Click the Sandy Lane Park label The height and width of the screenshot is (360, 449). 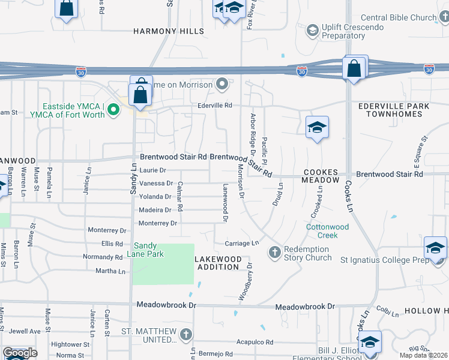click(x=149, y=250)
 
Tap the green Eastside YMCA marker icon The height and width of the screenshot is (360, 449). click(x=112, y=110)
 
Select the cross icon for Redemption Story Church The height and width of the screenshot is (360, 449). click(x=275, y=251)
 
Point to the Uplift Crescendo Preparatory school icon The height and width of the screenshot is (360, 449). click(x=312, y=29)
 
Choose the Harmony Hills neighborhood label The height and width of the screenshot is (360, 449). click(x=169, y=31)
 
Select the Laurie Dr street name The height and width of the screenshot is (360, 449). click(x=152, y=170)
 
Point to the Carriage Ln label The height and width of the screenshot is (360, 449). click(x=241, y=243)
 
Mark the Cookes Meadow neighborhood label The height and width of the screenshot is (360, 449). click(x=321, y=176)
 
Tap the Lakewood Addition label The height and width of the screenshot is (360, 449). click(x=219, y=263)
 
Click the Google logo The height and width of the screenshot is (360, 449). click(x=20, y=353)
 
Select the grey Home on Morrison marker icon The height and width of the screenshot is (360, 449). click(x=223, y=84)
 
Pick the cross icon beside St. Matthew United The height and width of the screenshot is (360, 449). click(x=186, y=334)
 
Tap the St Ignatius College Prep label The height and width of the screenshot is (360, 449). click(x=386, y=260)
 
